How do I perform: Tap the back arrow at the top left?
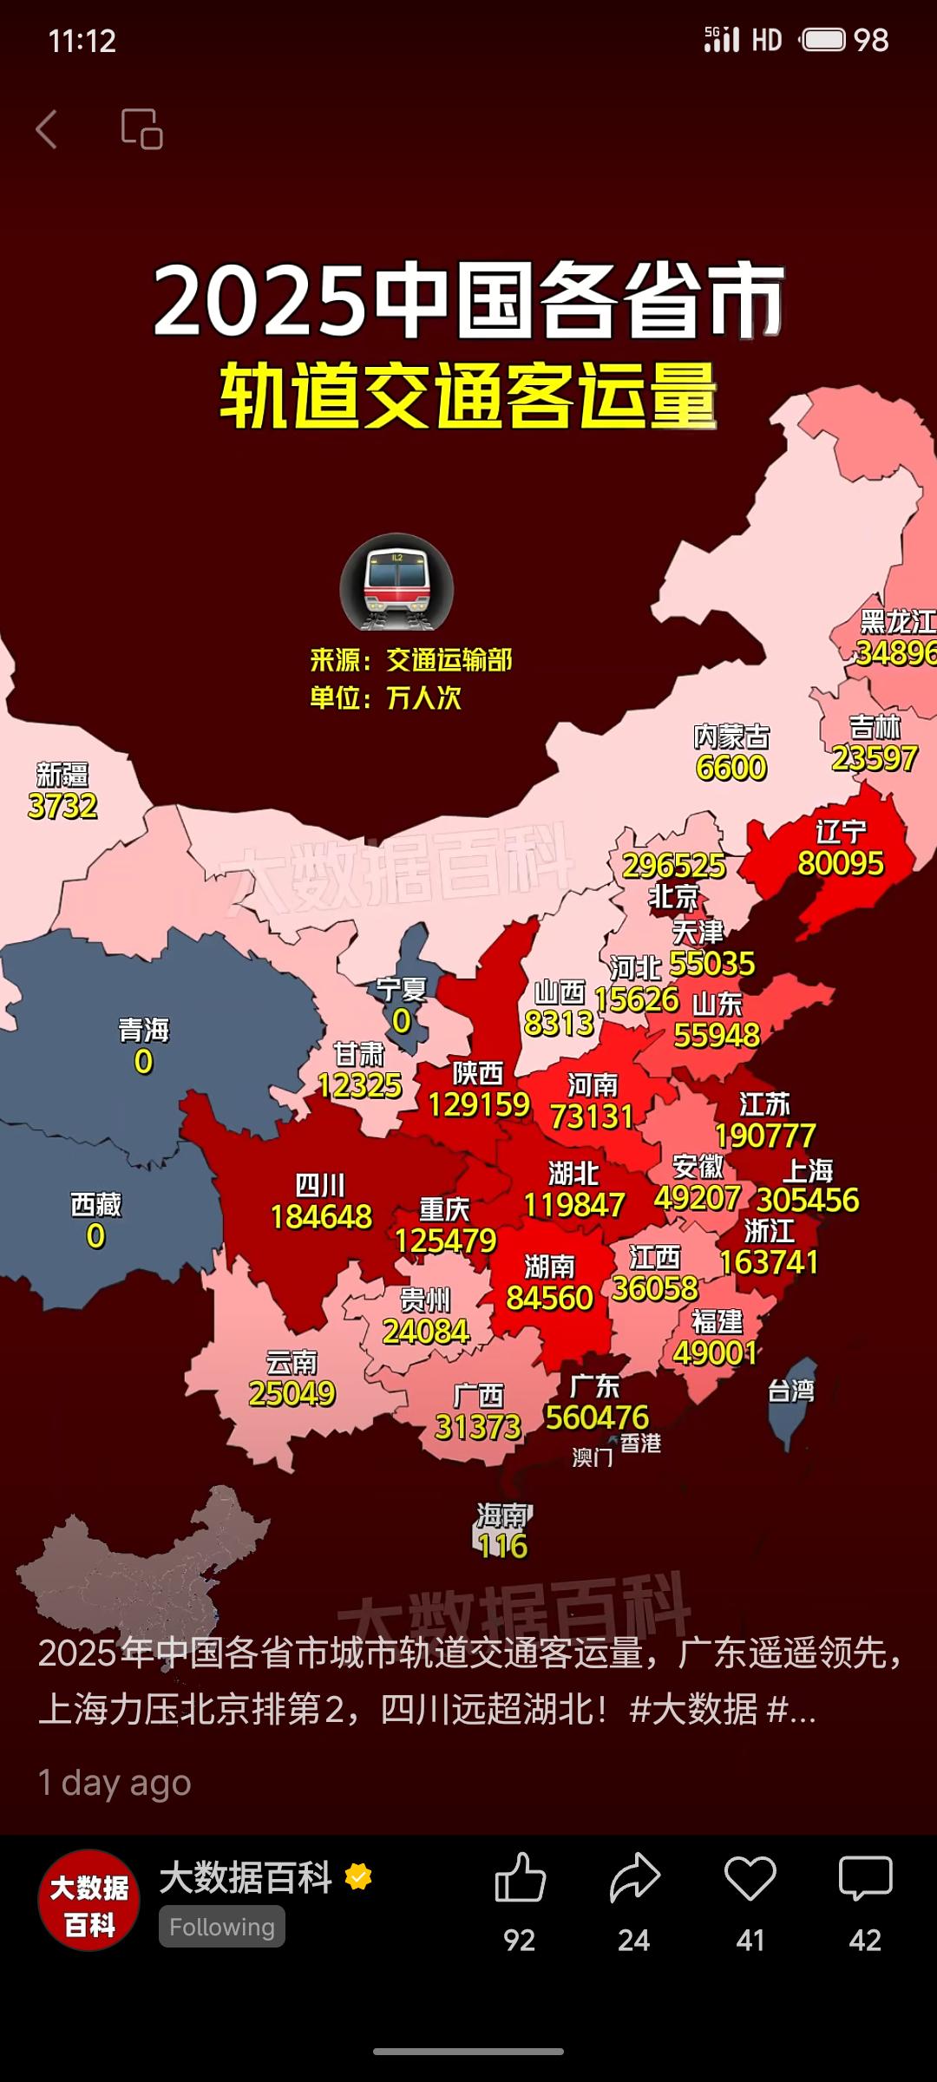click(47, 129)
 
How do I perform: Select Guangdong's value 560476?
click(597, 1417)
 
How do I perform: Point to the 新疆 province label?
click(62, 774)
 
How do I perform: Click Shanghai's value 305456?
click(808, 1200)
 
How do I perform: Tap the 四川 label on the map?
click(320, 1185)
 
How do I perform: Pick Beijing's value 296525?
click(673, 865)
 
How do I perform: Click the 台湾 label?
click(791, 1391)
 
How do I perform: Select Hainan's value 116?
click(502, 1546)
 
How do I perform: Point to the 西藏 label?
click(95, 1204)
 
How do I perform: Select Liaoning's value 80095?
click(840, 863)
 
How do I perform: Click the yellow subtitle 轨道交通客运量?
click(468, 396)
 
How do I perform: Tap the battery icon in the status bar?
click(823, 40)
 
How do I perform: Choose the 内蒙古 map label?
click(731, 737)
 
